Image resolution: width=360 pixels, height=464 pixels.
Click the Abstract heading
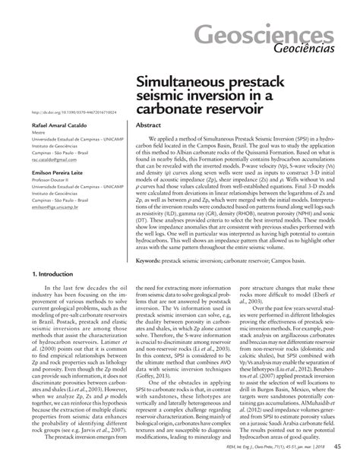pyautogui.click(x=148, y=125)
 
